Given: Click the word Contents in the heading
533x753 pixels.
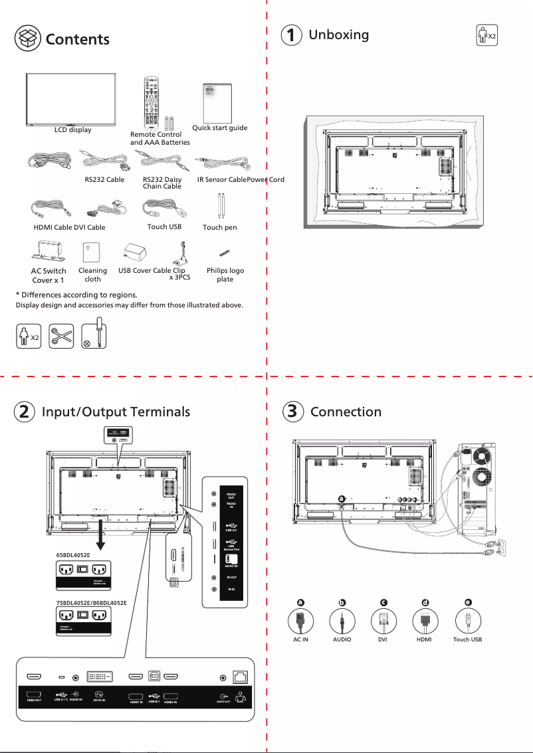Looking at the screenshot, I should click(77, 39).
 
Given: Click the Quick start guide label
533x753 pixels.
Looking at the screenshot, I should click(219, 127).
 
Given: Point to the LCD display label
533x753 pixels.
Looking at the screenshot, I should click(72, 129).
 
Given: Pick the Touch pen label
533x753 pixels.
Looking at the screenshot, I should click(219, 227).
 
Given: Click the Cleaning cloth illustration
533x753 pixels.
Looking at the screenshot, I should click(91, 253).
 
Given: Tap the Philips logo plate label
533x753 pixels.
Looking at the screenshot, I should click(225, 275).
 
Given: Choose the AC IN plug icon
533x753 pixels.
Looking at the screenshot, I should click(300, 622).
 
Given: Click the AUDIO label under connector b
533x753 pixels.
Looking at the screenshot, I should click(342, 639).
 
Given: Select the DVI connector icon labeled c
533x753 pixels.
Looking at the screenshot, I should click(383, 622).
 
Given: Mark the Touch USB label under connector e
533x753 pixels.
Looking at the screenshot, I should click(467, 639).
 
